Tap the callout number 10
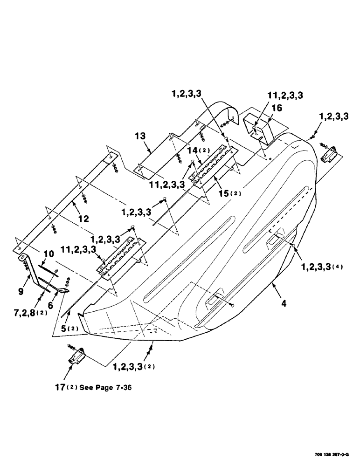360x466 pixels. tap(48, 254)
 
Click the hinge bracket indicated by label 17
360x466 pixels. tap(77, 357)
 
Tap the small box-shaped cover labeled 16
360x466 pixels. tap(259, 125)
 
